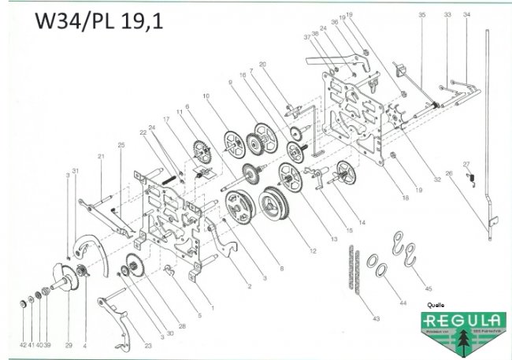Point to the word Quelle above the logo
click(435, 303)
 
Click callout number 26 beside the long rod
click(449, 174)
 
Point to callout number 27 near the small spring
click(467, 164)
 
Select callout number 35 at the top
click(421, 15)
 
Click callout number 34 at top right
click(467, 15)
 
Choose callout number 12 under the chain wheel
click(314, 251)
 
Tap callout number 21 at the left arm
click(102, 156)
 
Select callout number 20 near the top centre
click(262, 64)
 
